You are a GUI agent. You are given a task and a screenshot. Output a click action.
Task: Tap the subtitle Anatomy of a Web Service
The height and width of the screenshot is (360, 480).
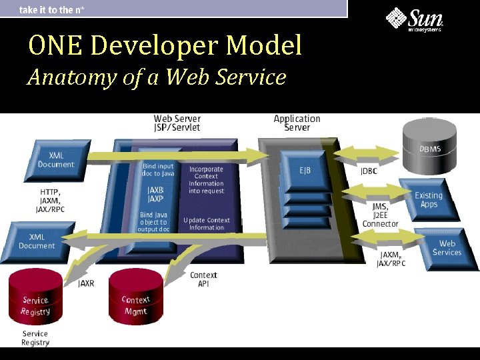(x=157, y=77)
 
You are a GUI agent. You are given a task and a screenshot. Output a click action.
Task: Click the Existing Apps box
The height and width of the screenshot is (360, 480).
(x=429, y=199)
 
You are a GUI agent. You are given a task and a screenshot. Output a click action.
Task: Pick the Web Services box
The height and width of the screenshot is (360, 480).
(x=446, y=247)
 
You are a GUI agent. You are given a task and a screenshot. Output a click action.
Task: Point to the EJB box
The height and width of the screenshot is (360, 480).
(x=305, y=171)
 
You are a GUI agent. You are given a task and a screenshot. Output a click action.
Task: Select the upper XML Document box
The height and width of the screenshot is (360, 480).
(x=56, y=160)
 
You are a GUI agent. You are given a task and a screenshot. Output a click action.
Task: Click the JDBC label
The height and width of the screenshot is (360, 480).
(x=369, y=171)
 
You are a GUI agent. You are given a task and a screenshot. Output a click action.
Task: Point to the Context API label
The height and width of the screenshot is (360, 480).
(x=203, y=279)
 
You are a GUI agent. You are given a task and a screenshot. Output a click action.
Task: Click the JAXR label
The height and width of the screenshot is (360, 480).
(x=86, y=283)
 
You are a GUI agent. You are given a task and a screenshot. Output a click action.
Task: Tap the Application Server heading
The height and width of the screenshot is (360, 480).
(x=297, y=123)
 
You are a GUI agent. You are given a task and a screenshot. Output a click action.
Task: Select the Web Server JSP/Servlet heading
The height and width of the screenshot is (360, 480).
(x=177, y=123)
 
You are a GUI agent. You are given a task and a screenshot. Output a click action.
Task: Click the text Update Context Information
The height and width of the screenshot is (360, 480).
(x=207, y=223)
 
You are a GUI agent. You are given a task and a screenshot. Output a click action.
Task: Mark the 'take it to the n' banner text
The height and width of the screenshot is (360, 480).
(x=55, y=9)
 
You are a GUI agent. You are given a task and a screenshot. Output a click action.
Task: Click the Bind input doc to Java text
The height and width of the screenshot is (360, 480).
(x=158, y=169)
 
